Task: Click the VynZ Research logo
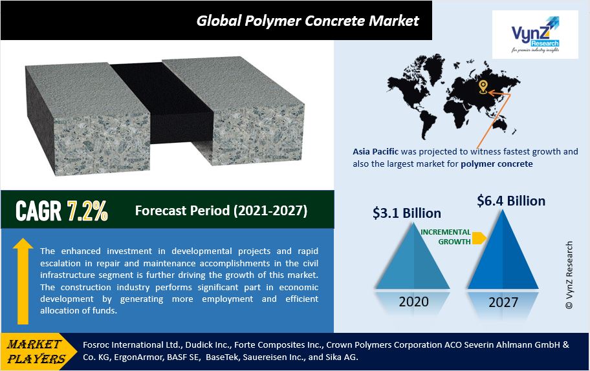pos(535,35)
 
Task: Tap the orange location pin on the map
pos(483,87)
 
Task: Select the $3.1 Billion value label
pos(407,213)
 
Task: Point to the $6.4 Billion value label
pos(511,201)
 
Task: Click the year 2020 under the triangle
pos(413,301)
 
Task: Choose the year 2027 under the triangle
pos(503,302)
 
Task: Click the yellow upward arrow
pos(23,281)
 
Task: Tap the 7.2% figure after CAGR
pos(87,211)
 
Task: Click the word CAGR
pos(38,211)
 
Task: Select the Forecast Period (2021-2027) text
pos(221,211)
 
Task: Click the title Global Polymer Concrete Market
pos(307,21)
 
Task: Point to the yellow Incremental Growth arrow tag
pos(479,238)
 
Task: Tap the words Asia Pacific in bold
pos(375,151)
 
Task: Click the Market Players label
pos(35,351)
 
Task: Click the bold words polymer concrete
pos(497,164)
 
